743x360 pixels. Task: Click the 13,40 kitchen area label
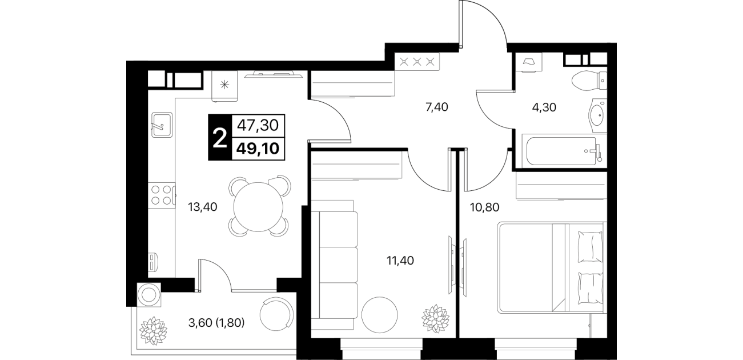[202, 207]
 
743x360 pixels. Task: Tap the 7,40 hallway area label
[436, 107]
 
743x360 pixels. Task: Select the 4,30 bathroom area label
[544, 107]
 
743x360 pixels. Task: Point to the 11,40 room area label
[400, 261]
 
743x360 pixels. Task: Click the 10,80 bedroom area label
[485, 207]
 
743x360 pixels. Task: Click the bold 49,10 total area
[258, 149]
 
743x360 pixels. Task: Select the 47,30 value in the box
[258, 125]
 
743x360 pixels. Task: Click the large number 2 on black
[219, 138]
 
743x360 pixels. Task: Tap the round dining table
[258, 207]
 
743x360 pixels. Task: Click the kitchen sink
[162, 125]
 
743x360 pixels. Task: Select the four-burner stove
[162, 195]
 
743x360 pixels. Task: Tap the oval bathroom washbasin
[598, 115]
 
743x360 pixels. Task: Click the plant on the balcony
[153, 331]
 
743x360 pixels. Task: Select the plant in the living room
[436, 319]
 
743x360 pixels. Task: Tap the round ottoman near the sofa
[379, 315]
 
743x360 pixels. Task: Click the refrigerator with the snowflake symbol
[225, 86]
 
